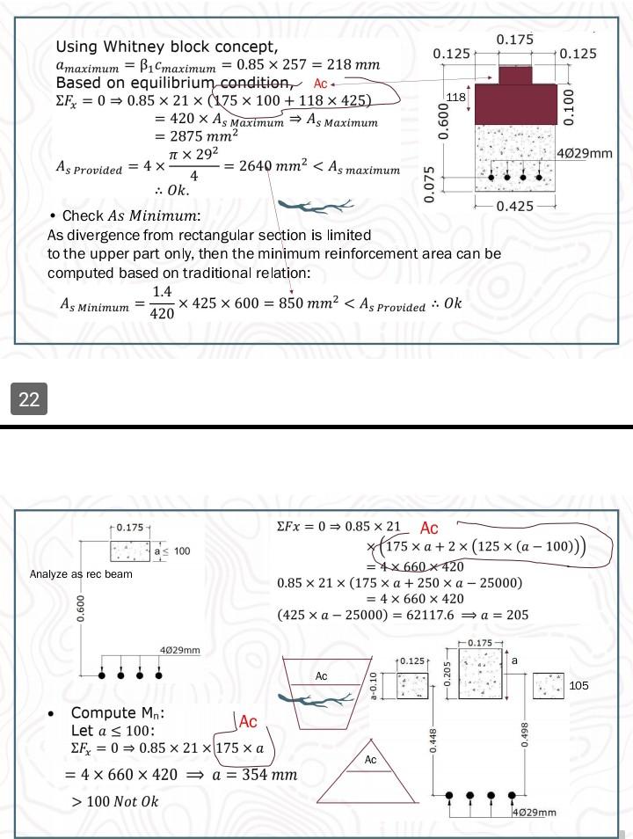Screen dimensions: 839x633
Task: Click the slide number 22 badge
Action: [x=29, y=399]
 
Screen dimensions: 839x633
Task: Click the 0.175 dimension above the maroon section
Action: [x=514, y=40]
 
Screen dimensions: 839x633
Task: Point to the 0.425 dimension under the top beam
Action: [x=514, y=207]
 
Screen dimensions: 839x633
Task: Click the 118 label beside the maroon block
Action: [x=455, y=96]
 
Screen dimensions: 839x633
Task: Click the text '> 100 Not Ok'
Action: [x=115, y=801]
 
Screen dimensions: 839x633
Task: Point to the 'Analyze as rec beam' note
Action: [x=81, y=574]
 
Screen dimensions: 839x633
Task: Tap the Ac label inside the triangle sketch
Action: [x=370, y=759]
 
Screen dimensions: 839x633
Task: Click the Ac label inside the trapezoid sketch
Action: [x=321, y=675]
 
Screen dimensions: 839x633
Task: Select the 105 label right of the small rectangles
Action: [x=578, y=686]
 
